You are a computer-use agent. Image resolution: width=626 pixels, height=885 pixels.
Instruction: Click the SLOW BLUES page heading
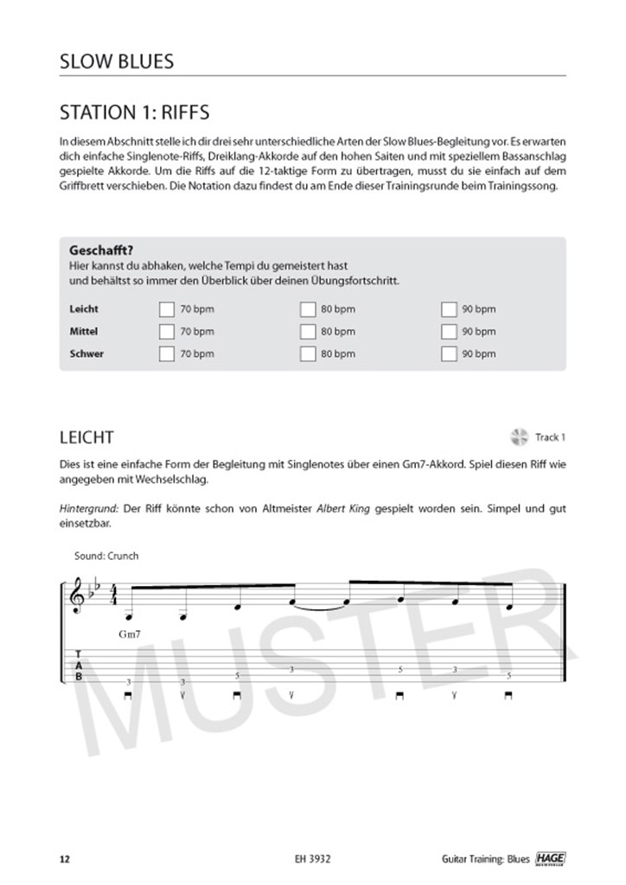tap(117, 62)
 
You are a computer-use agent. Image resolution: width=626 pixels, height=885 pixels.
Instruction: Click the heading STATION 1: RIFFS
tap(134, 112)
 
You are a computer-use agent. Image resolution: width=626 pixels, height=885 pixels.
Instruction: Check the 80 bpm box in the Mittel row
tap(308, 331)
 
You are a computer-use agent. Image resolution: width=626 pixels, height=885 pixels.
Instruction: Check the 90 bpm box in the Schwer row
tap(449, 353)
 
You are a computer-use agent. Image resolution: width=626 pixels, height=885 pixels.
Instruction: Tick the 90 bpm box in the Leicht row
tap(449, 309)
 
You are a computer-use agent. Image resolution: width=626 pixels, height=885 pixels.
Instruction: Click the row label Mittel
tap(83, 331)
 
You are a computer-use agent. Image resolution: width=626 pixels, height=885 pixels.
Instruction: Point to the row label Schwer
tap(86, 353)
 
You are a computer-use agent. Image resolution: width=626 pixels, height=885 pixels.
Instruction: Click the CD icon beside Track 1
tap(520, 437)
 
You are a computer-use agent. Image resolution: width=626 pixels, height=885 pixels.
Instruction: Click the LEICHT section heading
tap(86, 438)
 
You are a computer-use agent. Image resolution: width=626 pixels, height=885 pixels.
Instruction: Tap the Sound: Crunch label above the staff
tap(106, 556)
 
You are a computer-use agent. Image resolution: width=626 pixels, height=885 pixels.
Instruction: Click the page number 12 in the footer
tap(64, 859)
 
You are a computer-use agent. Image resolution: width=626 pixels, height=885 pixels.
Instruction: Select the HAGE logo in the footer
tap(547, 858)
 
